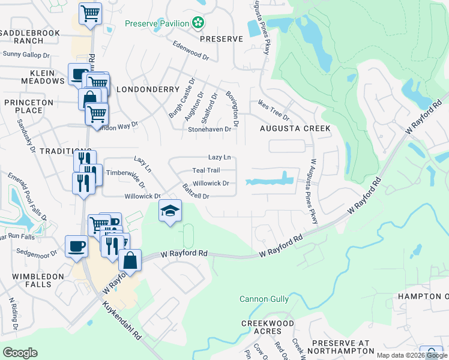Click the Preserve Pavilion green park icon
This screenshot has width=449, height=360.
click(x=198, y=24)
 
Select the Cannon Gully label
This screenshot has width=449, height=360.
click(x=264, y=299)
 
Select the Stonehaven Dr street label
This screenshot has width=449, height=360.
click(x=209, y=129)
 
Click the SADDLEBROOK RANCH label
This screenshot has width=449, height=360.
click(x=23, y=37)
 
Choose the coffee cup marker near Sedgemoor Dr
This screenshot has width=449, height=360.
click(x=77, y=246)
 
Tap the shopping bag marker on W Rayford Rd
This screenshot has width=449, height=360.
click(x=129, y=260)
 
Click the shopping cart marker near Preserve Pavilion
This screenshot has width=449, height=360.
click(x=89, y=13)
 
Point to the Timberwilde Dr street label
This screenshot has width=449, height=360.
click(x=125, y=172)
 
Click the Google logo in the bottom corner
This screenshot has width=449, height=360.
click(x=20, y=353)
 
